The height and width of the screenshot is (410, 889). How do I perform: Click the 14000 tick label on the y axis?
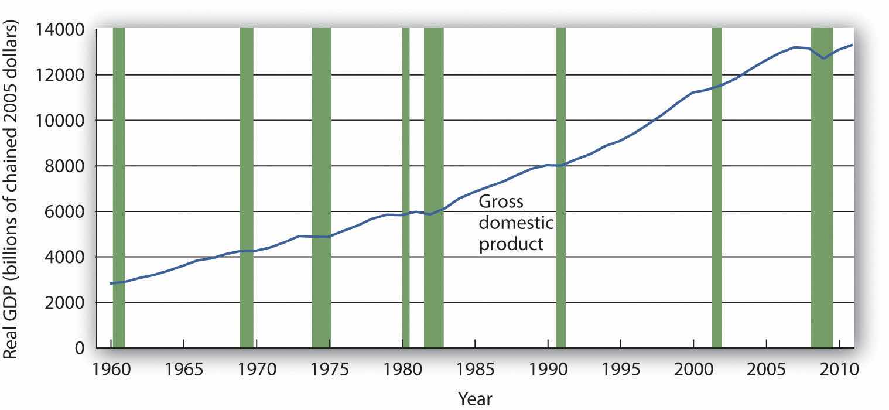pos(61,29)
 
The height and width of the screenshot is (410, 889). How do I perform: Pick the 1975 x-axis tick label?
pos(329,370)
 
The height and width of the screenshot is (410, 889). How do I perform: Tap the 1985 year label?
pos(474,370)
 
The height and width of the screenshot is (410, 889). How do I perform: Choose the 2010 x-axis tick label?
pos(838,370)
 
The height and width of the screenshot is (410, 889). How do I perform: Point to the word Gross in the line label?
pos(501,203)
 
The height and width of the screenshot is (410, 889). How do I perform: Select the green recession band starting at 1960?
pos(119,187)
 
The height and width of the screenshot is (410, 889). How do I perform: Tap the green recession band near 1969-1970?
pos(247,187)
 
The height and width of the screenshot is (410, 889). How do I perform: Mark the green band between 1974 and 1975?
pos(322,187)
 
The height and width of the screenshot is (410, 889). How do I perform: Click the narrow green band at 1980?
pos(406,187)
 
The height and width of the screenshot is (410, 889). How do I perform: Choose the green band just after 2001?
pos(717,187)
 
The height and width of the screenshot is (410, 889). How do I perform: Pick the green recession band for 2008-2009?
pos(822,187)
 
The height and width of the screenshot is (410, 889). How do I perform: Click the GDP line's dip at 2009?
pos(824,59)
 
